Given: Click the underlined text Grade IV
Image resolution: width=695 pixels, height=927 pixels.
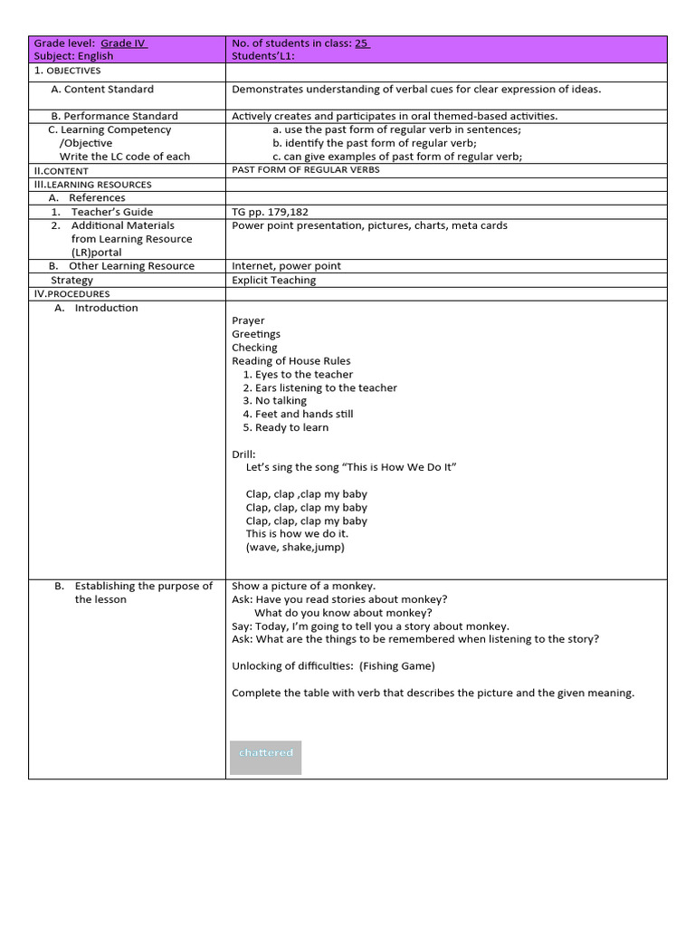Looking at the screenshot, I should pyautogui.click(x=124, y=43).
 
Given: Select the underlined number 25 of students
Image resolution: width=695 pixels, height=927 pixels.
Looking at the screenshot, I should pyautogui.click(x=362, y=43).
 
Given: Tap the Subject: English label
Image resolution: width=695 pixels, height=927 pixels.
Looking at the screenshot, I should pyautogui.click(x=73, y=56).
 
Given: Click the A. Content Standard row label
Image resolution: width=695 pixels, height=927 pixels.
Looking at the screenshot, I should pyautogui.click(x=102, y=90).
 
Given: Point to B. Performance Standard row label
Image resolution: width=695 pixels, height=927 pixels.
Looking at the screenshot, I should pyautogui.click(x=114, y=116).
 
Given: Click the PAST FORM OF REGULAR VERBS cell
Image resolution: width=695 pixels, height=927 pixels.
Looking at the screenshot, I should pyautogui.click(x=306, y=170).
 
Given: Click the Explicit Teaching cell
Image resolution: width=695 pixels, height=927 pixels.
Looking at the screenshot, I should pyautogui.click(x=274, y=281).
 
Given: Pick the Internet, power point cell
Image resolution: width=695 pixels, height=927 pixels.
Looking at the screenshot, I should pyautogui.click(x=286, y=266).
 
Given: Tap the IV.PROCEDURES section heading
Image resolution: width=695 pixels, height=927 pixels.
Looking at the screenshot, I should pyautogui.click(x=71, y=294).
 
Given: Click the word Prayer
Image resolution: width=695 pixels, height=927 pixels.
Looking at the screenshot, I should pyautogui.click(x=248, y=320).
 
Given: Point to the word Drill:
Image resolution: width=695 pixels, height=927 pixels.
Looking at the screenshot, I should pyautogui.click(x=243, y=454).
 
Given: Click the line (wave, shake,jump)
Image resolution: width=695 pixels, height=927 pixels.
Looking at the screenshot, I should pyautogui.click(x=295, y=547).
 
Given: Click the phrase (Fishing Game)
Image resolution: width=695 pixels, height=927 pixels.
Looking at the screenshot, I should pyautogui.click(x=397, y=666).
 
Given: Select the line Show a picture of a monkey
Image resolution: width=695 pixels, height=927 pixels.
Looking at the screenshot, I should pyautogui.click(x=303, y=586).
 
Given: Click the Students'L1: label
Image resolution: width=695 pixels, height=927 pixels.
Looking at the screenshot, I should pyautogui.click(x=263, y=56).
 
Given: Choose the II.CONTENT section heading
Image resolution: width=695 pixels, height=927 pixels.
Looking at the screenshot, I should pyautogui.click(x=62, y=170).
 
